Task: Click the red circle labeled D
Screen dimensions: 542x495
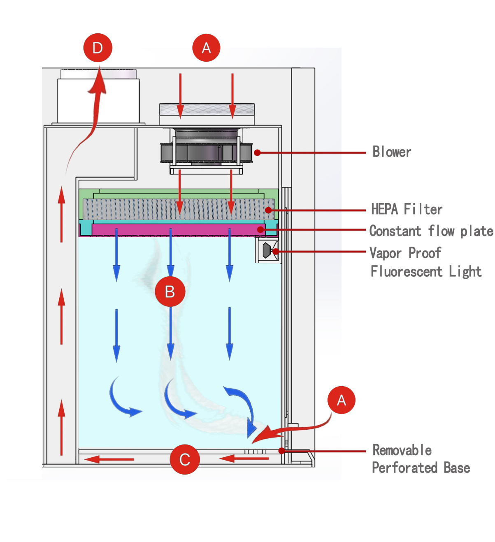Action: pyautogui.click(x=98, y=48)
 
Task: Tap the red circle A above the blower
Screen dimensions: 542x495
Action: pyautogui.click(x=206, y=48)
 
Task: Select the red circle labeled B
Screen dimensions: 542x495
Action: pyautogui.click(x=170, y=292)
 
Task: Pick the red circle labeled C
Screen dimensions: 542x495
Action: pyautogui.click(x=185, y=459)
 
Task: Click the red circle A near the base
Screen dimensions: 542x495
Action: pyautogui.click(x=342, y=400)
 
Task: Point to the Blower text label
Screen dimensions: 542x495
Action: pyautogui.click(x=392, y=152)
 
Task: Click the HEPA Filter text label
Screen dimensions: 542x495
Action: pyautogui.click(x=407, y=209)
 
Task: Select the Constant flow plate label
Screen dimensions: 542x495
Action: pyautogui.click(x=431, y=231)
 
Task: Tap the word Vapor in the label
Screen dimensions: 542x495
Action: pyautogui.click(x=385, y=253)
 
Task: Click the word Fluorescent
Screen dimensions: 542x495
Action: pyautogui.click(x=407, y=271)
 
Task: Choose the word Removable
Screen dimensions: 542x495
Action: pyautogui.click(x=402, y=450)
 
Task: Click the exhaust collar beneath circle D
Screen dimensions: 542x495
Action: pyautogui.click(x=98, y=99)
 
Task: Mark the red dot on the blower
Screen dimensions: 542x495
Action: pyautogui.click(x=258, y=153)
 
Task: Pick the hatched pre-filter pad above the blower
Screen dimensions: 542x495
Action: pyautogui.click(x=207, y=109)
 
